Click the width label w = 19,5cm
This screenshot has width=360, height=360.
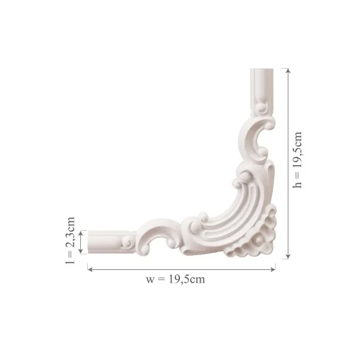(x=175, y=279)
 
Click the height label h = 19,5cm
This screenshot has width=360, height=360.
(x=298, y=160)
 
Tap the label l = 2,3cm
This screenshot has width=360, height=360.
(x=70, y=240)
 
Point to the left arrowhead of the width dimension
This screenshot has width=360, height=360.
(x=90, y=269)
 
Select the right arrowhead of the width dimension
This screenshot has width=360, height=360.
(x=273, y=269)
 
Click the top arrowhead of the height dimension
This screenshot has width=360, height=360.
(x=288, y=71)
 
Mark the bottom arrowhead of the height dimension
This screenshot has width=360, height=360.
(x=288, y=256)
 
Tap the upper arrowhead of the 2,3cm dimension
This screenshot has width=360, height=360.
(x=81, y=233)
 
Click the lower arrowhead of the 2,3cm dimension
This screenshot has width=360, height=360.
(x=81, y=251)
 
